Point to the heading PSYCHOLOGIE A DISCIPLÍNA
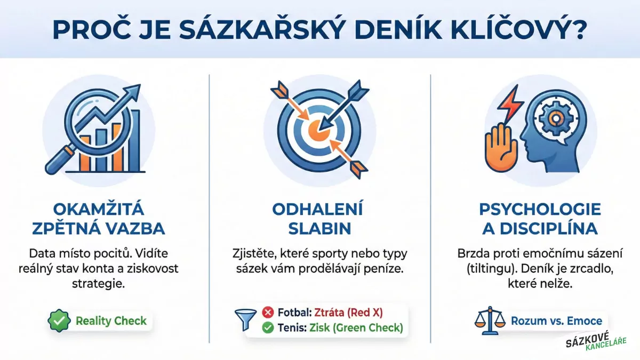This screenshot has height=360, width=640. pos(540,219)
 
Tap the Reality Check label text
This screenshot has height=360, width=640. pos(111,321)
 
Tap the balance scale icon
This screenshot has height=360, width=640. pos(490,321)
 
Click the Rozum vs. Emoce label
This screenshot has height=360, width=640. pos(556,321)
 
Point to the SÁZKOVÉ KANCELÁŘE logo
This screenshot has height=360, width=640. pos(596,345)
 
